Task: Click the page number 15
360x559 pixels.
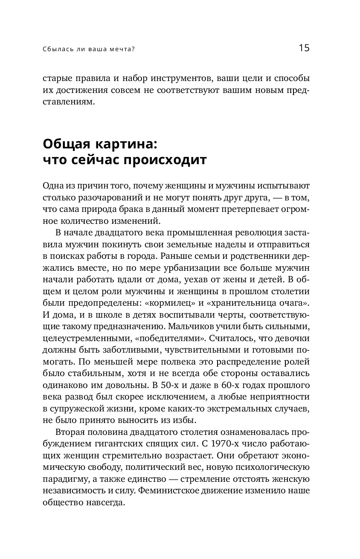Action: click(304, 48)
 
